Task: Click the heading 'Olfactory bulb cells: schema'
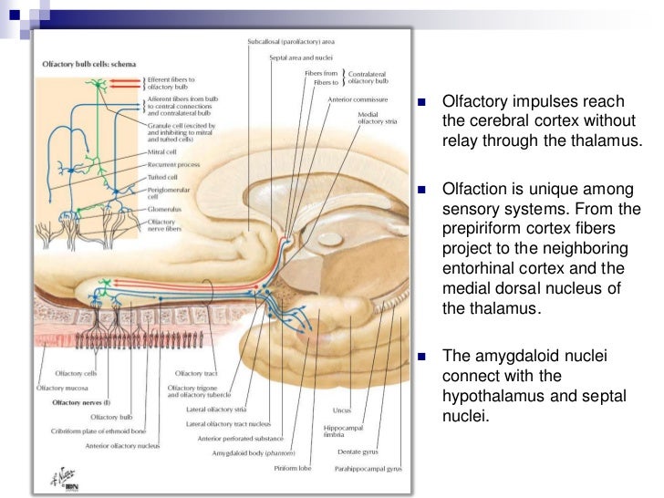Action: (x=89, y=65)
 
